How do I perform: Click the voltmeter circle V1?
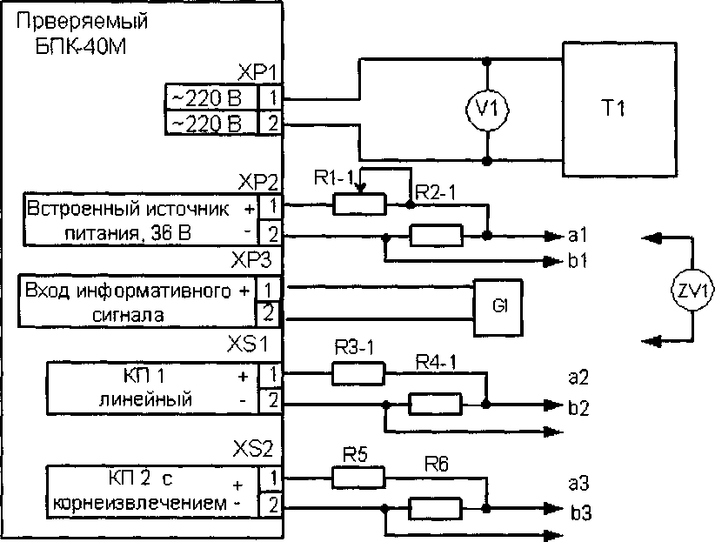(x=488, y=110)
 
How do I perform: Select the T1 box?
(x=617, y=108)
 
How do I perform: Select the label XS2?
(x=254, y=450)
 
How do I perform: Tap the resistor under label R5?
(x=357, y=477)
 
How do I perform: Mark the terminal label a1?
(x=578, y=235)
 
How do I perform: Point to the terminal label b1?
(x=578, y=260)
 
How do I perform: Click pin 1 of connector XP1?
(x=274, y=96)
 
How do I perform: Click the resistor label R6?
(x=438, y=466)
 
